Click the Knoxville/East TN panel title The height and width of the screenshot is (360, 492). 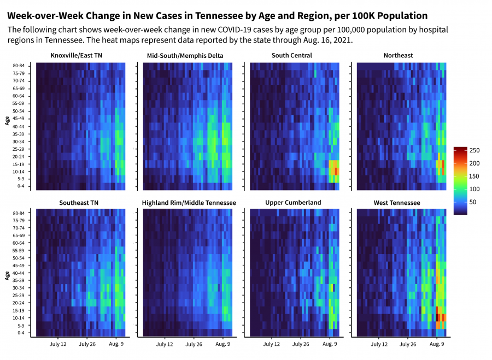[x=77, y=56]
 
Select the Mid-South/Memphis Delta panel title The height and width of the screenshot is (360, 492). [x=185, y=56]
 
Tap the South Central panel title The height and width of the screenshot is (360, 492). [x=292, y=56]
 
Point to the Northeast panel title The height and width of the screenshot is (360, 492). [x=399, y=56]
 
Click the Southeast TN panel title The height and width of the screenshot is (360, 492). [x=79, y=203]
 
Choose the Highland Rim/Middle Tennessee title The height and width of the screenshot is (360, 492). [x=189, y=203]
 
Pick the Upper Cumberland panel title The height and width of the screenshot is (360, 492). [x=293, y=203]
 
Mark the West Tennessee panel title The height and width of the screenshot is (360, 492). [x=397, y=203]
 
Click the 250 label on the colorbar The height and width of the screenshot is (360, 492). [x=475, y=150]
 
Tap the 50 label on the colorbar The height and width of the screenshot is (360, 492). [x=473, y=202]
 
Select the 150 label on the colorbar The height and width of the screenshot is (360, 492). [x=475, y=176]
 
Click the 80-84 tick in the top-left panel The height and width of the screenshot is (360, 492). [x=18, y=66]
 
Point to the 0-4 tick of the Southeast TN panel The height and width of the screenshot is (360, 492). [x=20, y=333]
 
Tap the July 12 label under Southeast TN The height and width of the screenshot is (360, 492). [x=58, y=345]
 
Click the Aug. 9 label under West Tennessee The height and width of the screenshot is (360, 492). [x=436, y=345]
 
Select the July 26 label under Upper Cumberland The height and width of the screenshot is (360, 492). [x=301, y=345]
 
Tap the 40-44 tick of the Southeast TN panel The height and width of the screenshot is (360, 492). [x=18, y=273]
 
